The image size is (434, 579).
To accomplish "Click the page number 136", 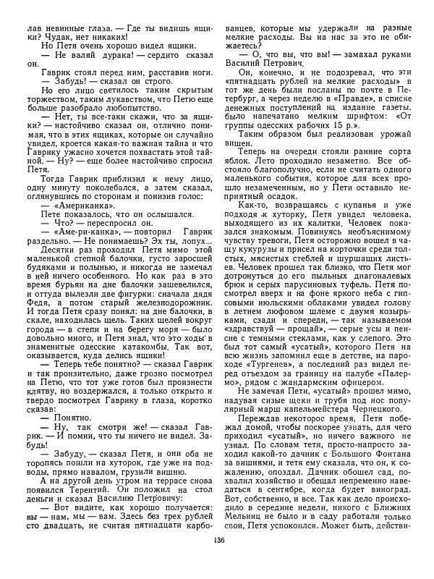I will click(x=216, y=560).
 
